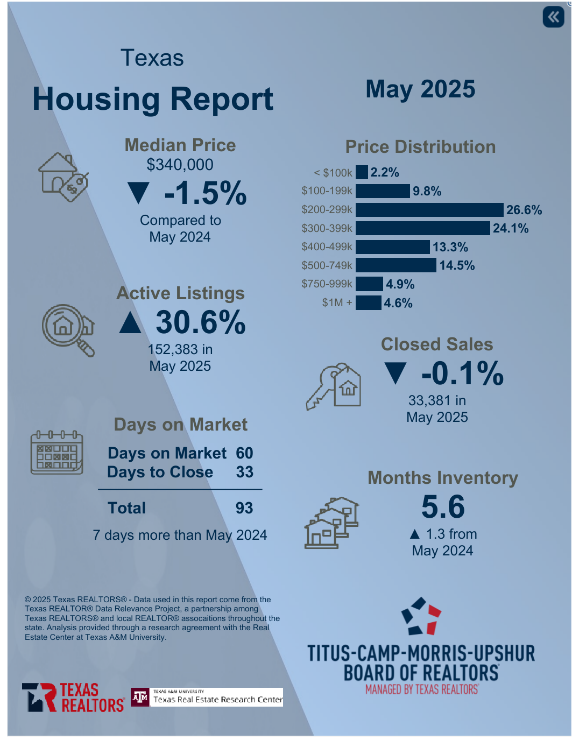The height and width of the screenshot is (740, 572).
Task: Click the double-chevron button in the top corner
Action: click(x=553, y=17)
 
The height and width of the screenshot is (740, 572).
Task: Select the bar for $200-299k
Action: click(x=429, y=210)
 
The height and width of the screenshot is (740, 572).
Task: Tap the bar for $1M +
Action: click(x=368, y=303)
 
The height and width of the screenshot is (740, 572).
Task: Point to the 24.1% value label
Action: click(x=510, y=228)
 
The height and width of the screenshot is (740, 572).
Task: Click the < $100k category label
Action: click(x=333, y=173)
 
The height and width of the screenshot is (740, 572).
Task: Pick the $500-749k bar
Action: click(x=396, y=265)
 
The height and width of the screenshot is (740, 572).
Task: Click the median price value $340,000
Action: click(x=180, y=165)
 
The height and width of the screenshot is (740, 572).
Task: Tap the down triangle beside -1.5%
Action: click(x=139, y=193)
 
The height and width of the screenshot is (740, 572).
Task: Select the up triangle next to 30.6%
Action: click(x=130, y=322)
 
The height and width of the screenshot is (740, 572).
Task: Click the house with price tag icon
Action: click(x=63, y=177)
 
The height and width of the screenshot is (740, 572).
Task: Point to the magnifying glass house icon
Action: click(x=68, y=329)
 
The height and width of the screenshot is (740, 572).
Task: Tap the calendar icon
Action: click(x=57, y=453)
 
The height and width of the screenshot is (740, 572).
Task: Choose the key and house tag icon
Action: click(x=334, y=386)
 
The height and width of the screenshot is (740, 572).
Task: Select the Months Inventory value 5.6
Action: click(x=443, y=506)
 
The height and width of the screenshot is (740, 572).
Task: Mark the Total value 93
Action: click(x=244, y=508)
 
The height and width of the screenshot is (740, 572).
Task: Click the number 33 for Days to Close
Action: click(x=245, y=472)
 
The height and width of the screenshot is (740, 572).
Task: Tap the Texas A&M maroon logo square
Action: click(x=140, y=697)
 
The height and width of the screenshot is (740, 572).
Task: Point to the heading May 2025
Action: click(x=420, y=89)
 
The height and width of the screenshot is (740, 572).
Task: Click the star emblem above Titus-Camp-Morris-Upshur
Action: click(x=421, y=616)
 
